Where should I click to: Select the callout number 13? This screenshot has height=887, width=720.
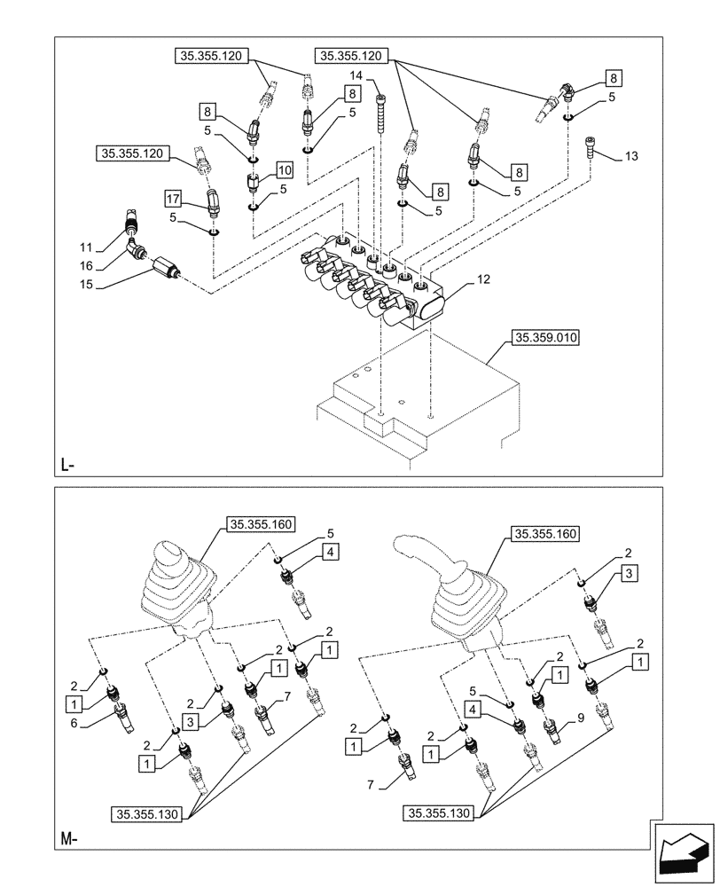click(630, 156)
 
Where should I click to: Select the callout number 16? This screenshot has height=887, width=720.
click(85, 266)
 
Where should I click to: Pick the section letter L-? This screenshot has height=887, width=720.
click(69, 465)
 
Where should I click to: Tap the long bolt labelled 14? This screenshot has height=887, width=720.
click(380, 114)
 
